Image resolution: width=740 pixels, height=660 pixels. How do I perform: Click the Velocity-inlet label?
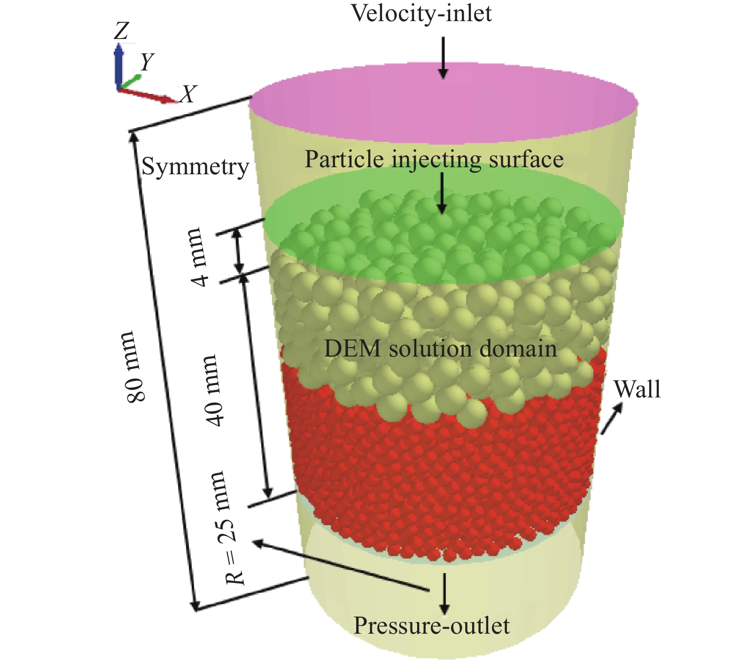point(421,13)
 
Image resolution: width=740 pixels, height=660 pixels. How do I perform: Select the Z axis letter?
point(121,31)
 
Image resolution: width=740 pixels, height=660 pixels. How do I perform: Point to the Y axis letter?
point(147,62)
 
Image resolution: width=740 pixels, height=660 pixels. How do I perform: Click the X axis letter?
point(188,94)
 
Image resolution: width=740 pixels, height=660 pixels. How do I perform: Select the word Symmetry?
point(195,167)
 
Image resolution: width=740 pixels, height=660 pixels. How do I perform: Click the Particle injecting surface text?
point(434,159)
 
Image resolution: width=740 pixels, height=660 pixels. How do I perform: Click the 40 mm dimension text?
point(215,390)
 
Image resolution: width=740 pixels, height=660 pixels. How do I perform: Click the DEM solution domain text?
point(440,349)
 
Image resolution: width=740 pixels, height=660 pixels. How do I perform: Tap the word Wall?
point(637,389)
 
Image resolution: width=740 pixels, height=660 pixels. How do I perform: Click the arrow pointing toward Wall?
point(611,418)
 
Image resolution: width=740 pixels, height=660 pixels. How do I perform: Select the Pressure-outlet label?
point(431,626)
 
